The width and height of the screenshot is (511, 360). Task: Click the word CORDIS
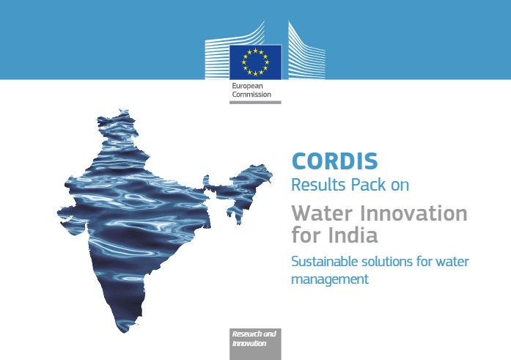[335, 161]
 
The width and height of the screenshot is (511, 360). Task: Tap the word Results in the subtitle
[318, 185]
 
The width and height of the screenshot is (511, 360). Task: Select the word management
[330, 279]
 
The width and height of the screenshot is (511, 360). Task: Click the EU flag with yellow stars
[255, 62]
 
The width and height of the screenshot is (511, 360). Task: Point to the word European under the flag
[247, 86]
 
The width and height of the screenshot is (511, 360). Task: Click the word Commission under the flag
[251, 95]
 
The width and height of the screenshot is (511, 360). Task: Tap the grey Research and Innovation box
[255, 344]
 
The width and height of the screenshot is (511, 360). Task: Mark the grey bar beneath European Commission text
[255, 103]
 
